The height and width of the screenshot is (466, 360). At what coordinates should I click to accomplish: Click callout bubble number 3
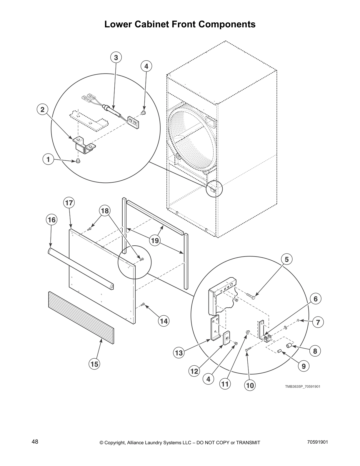(116, 58)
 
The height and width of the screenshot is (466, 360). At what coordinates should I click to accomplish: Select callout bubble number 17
(69, 203)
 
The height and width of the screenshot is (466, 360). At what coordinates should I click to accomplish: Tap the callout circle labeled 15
(94, 364)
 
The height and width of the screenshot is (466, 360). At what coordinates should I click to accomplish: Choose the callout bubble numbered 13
(179, 353)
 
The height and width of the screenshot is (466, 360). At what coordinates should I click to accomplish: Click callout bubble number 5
(287, 259)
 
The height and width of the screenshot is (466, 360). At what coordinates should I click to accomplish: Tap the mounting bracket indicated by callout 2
(84, 145)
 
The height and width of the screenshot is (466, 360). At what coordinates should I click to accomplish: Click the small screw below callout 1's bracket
(78, 161)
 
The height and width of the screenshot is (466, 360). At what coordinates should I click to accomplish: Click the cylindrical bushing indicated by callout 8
(290, 346)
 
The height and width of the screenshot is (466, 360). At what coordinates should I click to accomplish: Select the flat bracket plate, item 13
(215, 328)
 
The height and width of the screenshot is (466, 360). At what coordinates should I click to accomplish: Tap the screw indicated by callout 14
(143, 305)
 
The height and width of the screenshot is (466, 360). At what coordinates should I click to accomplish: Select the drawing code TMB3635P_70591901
(302, 386)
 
